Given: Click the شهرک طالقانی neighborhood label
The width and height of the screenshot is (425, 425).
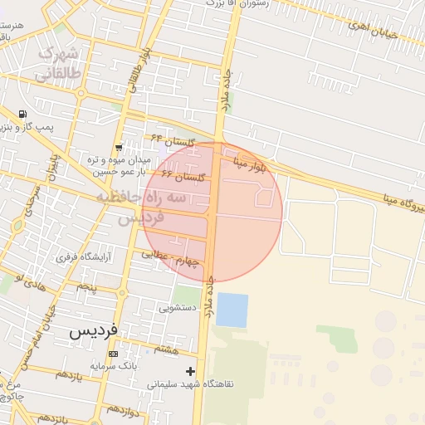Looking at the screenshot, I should (x=58, y=65).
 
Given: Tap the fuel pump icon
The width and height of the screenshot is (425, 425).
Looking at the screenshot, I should (x=22, y=115).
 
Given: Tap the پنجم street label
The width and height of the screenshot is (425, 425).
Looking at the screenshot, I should (x=87, y=287).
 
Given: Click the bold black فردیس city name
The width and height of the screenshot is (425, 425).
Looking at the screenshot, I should (x=94, y=331).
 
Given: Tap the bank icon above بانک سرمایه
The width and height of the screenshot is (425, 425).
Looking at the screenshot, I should (x=113, y=354).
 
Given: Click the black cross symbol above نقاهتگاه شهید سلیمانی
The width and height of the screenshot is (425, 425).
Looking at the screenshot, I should (x=191, y=370).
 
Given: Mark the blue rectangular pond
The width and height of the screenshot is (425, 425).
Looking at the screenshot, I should (x=232, y=310).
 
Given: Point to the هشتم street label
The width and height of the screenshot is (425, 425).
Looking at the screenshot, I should (x=166, y=349).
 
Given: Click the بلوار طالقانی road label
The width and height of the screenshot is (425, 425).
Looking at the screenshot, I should (x=134, y=68).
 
